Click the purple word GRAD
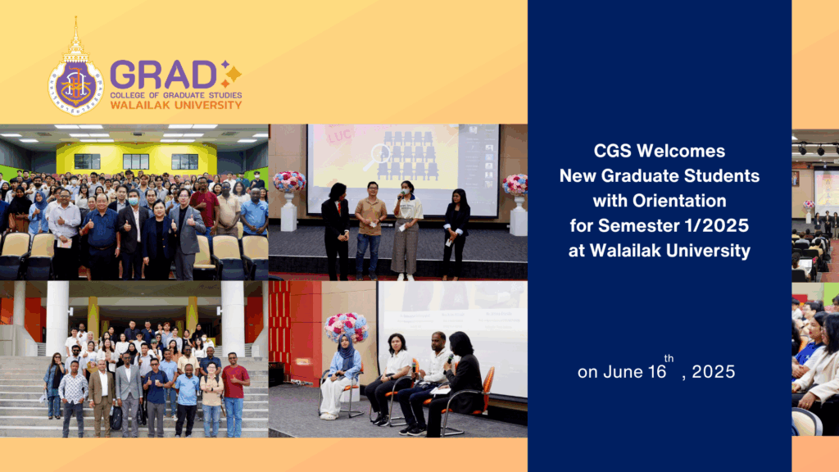(x=163, y=75)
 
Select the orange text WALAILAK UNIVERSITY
(x=175, y=105)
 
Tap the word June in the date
(x=624, y=372)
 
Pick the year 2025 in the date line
(x=713, y=372)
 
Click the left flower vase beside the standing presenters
(x=289, y=197)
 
